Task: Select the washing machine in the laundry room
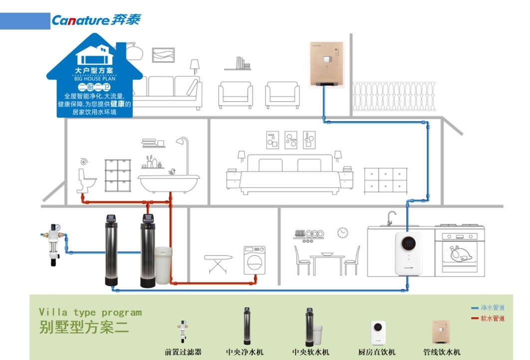(254, 260)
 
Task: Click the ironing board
(218, 262)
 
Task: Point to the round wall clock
(342, 232)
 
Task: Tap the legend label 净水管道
(492, 308)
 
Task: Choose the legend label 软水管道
(492, 318)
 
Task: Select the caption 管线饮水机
(441, 352)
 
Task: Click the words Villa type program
(90, 313)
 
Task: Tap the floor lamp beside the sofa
(194, 70)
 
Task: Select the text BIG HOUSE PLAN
(94, 78)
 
